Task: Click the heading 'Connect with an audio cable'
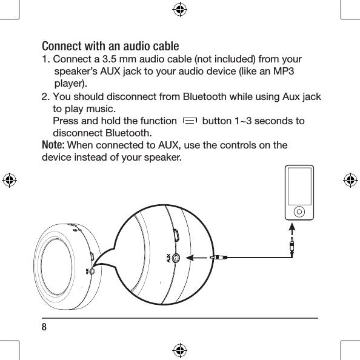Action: click(x=110, y=47)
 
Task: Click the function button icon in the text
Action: click(x=189, y=122)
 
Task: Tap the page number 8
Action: click(x=44, y=327)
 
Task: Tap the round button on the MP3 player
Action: click(x=299, y=211)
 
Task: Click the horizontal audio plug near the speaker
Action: click(x=218, y=258)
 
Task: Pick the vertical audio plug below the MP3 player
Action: click(x=292, y=245)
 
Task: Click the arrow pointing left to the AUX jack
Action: click(x=196, y=258)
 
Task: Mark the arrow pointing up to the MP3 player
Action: click(x=292, y=229)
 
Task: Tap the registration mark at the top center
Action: click(x=179, y=9)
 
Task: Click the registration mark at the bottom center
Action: click(x=179, y=350)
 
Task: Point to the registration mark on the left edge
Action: click(x=9, y=180)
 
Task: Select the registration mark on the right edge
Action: click(x=350, y=180)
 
